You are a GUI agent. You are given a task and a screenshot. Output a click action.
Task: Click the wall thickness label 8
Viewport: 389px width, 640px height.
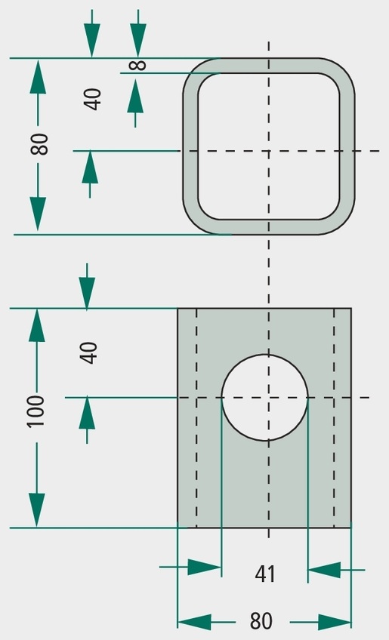point(139,65)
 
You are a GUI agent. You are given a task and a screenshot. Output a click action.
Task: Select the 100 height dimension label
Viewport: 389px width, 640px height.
point(36,411)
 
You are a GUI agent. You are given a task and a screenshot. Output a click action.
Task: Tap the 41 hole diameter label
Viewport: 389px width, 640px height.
point(265,574)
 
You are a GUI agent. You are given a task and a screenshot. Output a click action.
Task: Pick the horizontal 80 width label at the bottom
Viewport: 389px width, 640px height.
point(261,622)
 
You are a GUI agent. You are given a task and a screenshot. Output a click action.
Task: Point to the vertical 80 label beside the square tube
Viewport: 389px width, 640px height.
point(39,144)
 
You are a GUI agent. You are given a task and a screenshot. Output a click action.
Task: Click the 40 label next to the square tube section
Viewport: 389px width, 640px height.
point(93,99)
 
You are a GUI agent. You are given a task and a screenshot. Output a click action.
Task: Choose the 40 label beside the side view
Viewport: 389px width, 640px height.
point(88,352)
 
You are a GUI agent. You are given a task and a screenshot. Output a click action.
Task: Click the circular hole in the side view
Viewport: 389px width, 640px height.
point(265,398)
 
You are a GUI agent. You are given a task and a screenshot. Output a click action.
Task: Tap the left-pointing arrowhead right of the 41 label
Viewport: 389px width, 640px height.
point(324,570)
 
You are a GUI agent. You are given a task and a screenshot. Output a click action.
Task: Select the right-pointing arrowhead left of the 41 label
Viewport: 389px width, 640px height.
point(204,568)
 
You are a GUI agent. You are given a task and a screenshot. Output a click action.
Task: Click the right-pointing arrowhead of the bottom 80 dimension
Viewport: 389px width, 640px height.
point(335,623)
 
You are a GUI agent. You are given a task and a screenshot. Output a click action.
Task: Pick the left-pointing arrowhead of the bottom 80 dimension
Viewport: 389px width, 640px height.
point(194,623)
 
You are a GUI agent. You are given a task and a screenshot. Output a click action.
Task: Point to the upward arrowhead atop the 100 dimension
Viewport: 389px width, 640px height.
point(37,325)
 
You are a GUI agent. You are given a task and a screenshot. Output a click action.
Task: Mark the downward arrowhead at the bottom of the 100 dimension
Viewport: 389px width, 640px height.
point(37,510)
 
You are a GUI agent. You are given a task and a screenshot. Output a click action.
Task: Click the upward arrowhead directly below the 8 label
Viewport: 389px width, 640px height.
point(135,96)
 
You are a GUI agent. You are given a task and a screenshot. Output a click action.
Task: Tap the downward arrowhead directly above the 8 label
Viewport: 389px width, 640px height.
point(138,41)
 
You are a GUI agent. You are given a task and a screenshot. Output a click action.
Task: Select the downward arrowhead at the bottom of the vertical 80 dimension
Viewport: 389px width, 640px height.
point(38,214)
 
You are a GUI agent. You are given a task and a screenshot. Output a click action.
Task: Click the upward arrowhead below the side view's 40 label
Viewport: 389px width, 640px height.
point(87,413)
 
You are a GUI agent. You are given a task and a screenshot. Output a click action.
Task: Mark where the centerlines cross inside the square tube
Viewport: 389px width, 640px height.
point(268,151)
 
